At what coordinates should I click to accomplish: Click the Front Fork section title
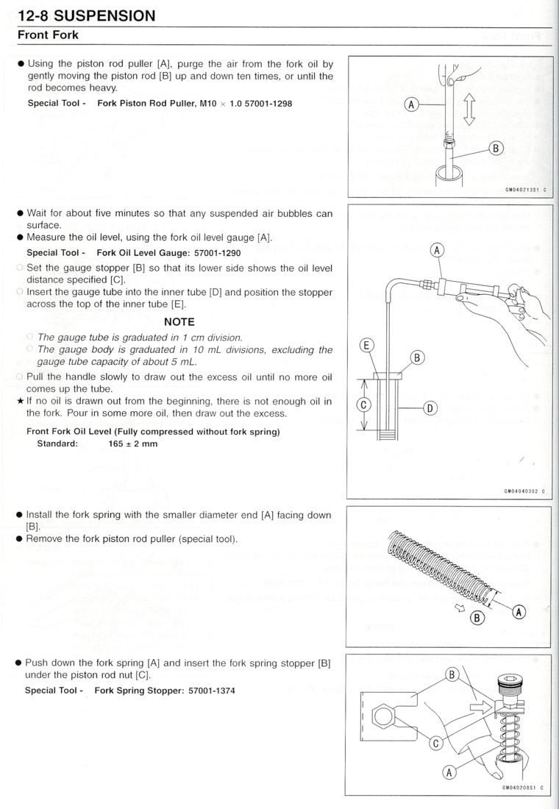click(48, 35)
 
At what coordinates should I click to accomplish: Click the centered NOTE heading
click(179, 321)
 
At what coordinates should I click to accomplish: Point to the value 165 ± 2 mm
click(132, 443)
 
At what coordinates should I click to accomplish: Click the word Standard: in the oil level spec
click(57, 443)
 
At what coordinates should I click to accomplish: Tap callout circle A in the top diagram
click(412, 105)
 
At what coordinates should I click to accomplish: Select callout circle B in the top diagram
click(496, 149)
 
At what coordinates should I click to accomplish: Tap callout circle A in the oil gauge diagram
click(437, 251)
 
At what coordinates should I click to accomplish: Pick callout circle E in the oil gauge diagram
click(366, 345)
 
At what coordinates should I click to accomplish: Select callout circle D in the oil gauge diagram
click(431, 407)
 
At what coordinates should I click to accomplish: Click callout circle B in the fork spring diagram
click(477, 618)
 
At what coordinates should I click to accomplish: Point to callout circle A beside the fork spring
click(519, 611)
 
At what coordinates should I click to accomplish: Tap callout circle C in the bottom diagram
click(435, 744)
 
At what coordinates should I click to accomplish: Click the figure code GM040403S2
click(524, 493)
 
